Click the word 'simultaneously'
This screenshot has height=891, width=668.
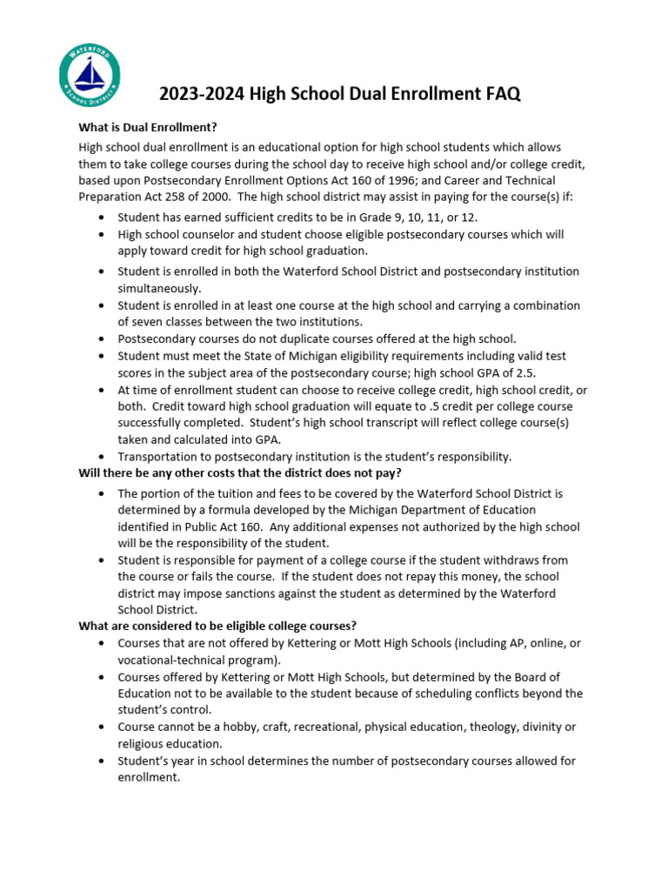(x=159, y=288)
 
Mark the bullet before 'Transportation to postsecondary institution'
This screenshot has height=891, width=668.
(x=103, y=457)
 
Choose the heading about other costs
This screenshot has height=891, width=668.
(x=239, y=473)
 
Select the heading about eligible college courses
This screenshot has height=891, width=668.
(x=217, y=626)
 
